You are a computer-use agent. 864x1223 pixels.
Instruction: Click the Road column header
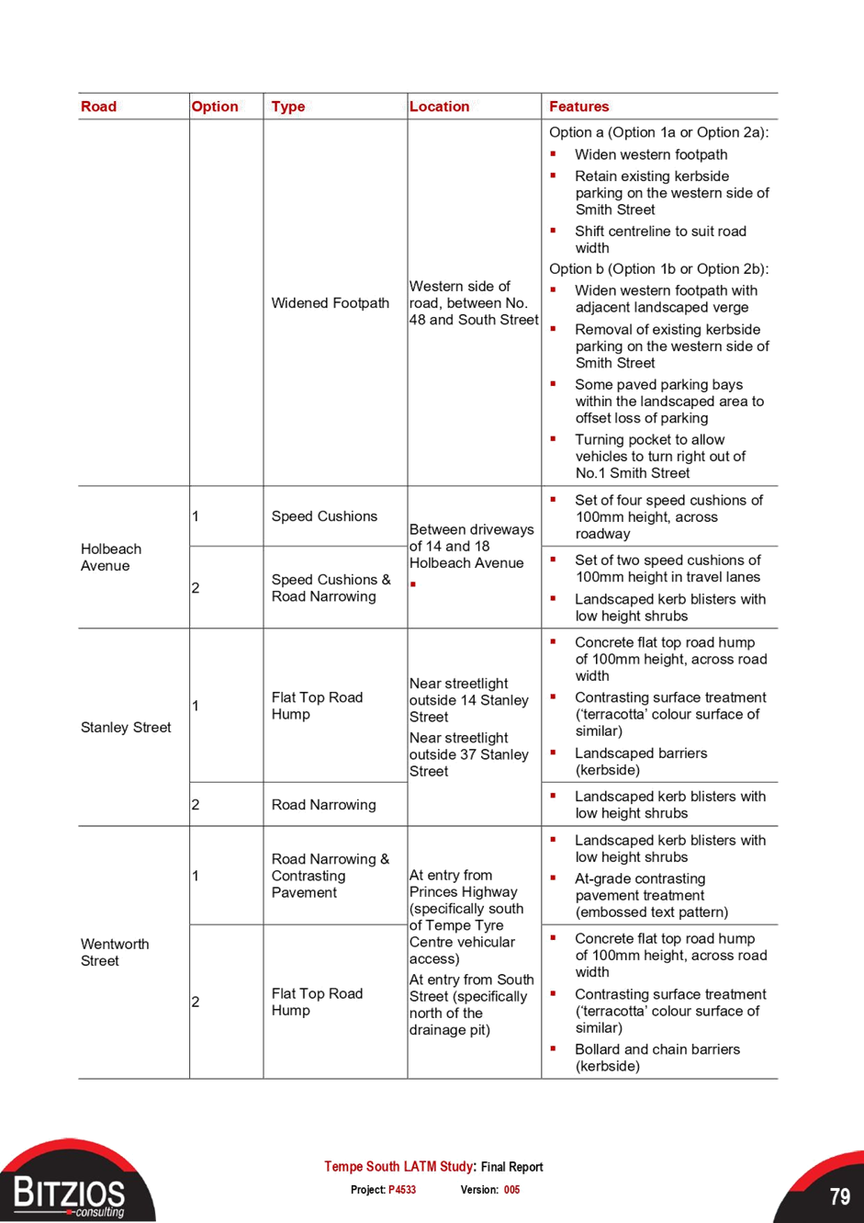(x=98, y=107)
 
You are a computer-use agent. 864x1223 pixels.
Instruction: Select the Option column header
(x=214, y=107)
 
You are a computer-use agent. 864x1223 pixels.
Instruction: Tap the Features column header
(x=578, y=107)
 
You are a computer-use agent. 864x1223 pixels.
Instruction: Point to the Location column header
(x=439, y=107)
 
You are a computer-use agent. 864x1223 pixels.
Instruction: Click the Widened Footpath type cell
(x=330, y=303)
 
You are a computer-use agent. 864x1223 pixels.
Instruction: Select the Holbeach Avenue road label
(x=111, y=557)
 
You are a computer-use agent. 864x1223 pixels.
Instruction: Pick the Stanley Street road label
(x=126, y=727)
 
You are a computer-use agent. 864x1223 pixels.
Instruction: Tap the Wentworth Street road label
(x=115, y=952)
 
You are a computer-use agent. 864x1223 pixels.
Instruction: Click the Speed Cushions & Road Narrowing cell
(x=331, y=588)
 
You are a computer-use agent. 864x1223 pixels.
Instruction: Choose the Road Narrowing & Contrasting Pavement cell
(x=330, y=876)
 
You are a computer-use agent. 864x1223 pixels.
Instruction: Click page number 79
(x=840, y=1196)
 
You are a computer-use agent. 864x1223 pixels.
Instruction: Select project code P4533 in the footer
(x=402, y=1190)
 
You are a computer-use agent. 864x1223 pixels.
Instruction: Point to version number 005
(x=511, y=1190)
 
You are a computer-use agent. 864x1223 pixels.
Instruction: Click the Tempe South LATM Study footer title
(x=398, y=1166)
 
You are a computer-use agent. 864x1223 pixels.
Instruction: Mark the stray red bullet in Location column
(x=413, y=584)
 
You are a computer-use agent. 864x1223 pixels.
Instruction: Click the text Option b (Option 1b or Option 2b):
(x=659, y=269)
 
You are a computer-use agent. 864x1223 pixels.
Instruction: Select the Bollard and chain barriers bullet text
(x=657, y=1058)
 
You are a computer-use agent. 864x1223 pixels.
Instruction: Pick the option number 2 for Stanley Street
(x=196, y=805)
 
